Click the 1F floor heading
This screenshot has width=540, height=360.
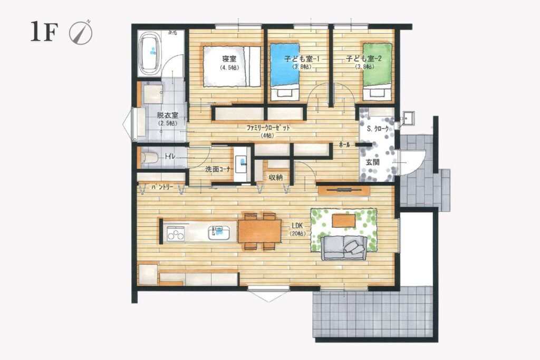[43, 32]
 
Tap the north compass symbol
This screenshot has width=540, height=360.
[81, 33]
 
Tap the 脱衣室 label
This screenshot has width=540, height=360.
[167, 115]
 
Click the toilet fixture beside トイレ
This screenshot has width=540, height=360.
[149, 158]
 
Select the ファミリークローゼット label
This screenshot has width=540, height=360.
[268, 128]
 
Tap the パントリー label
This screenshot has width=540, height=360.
[162, 187]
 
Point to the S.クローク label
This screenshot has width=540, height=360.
[378, 129]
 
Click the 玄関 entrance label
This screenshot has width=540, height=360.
[372, 162]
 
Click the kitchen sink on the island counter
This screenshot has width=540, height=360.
[219, 232]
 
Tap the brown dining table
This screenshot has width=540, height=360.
[259, 231]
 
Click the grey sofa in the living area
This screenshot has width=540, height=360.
[343, 248]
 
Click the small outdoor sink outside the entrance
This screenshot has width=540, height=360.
[408, 119]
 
